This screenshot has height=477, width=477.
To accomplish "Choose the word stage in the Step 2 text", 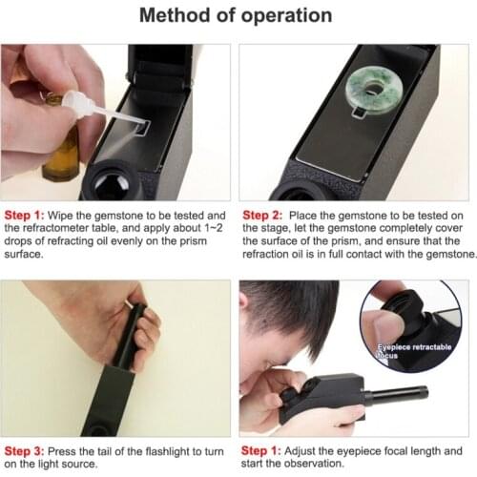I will coord(263,229).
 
